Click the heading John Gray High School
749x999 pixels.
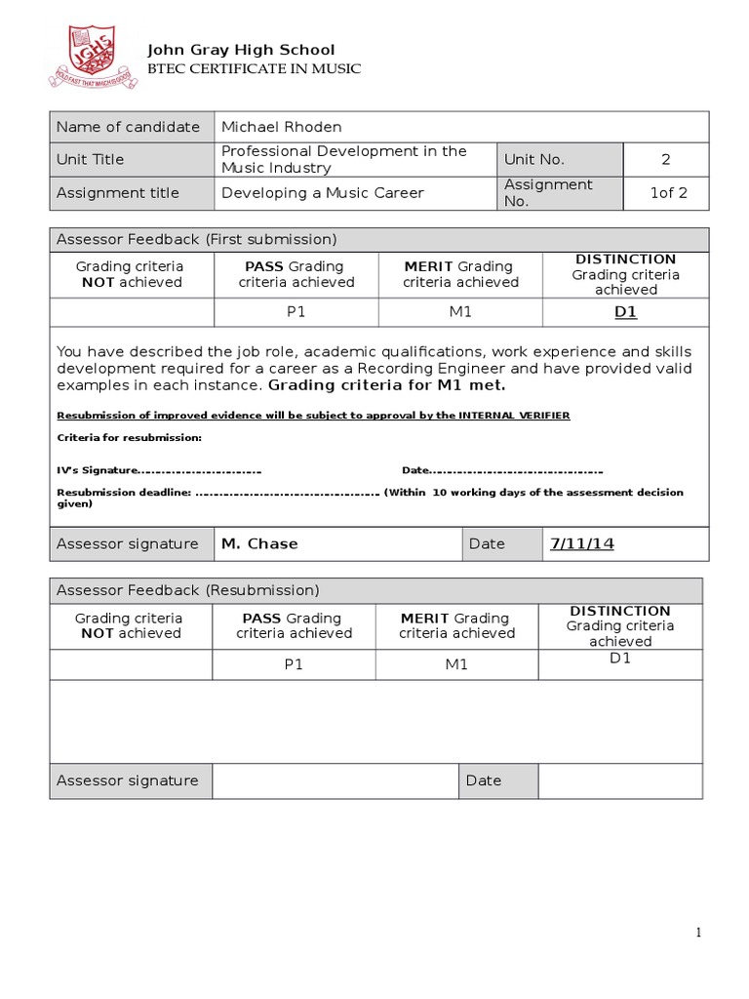point(240,50)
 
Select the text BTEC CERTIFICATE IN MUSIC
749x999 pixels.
point(253,68)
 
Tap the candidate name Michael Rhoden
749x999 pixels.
point(281,127)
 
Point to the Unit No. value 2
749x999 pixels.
point(666,159)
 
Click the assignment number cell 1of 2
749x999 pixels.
point(668,192)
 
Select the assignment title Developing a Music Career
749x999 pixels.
point(322,192)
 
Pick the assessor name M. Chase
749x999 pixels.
point(259,543)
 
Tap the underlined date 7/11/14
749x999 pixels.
point(581,543)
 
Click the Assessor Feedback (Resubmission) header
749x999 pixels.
point(188,590)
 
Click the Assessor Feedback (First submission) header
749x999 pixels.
point(196,239)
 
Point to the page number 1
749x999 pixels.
point(698,934)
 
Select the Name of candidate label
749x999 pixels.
point(128,127)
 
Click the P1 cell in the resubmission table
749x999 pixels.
point(294,664)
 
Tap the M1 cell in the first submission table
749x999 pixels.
point(459,313)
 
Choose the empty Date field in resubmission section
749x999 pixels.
point(619,780)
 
